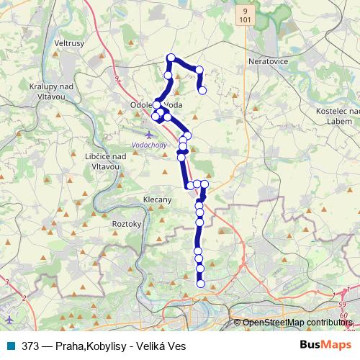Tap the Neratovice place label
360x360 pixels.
[x=268, y=62]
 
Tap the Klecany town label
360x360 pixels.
[x=156, y=199]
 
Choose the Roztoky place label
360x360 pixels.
[x=126, y=225]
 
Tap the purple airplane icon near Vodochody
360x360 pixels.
[x=149, y=134]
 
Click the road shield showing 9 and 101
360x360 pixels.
[x=246, y=17]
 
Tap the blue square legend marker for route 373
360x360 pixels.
[x=11, y=346]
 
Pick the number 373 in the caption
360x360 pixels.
[x=31, y=346]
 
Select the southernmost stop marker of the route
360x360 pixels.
[x=201, y=283]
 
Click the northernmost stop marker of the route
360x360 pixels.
[x=171, y=58]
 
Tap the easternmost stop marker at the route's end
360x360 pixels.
[x=203, y=90]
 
